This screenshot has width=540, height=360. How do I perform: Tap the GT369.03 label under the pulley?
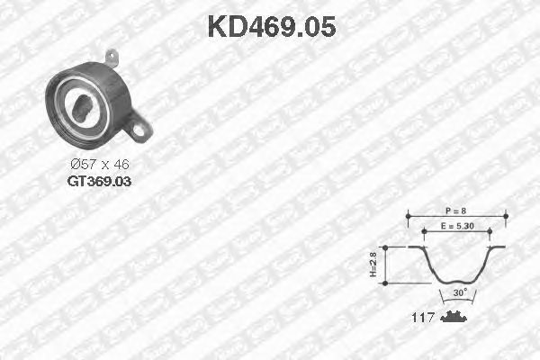[98, 181]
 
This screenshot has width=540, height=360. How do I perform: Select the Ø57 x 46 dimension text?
[99, 165]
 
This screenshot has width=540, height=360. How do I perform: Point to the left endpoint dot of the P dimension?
[408, 215]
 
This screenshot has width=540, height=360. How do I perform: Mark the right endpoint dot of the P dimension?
[505, 215]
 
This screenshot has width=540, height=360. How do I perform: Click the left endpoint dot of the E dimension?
[425, 232]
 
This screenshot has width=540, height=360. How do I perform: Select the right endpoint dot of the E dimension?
[489, 232]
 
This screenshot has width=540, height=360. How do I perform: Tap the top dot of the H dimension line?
[386, 247]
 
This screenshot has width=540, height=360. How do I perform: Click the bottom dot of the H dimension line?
[386, 283]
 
